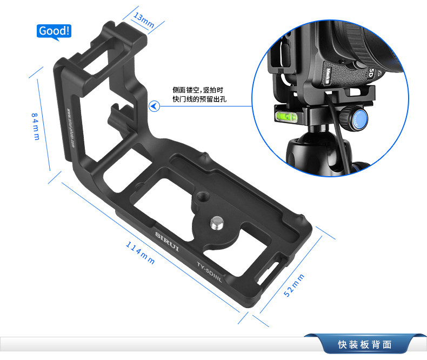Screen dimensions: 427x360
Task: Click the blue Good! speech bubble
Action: (x=54, y=31)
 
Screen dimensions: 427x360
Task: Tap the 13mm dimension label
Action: (x=144, y=20)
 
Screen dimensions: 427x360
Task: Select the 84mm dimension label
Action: (x=35, y=126)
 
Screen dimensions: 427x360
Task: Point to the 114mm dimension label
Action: (x=140, y=253)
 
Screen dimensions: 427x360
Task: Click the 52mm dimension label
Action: (x=294, y=285)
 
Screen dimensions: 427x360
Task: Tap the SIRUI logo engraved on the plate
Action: (x=167, y=242)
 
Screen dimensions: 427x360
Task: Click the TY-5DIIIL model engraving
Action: (x=209, y=272)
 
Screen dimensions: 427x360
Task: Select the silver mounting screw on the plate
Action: (x=217, y=223)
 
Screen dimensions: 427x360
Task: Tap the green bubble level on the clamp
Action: (x=286, y=117)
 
